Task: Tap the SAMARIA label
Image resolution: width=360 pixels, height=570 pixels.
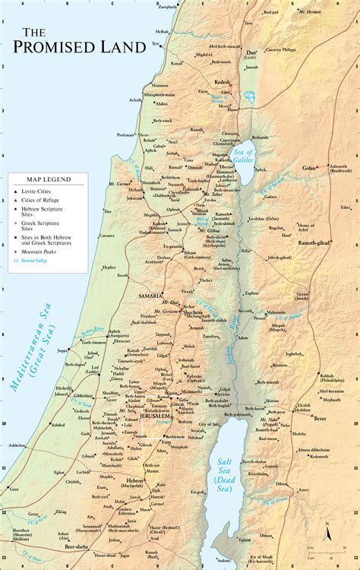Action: click(x=150, y=294)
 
